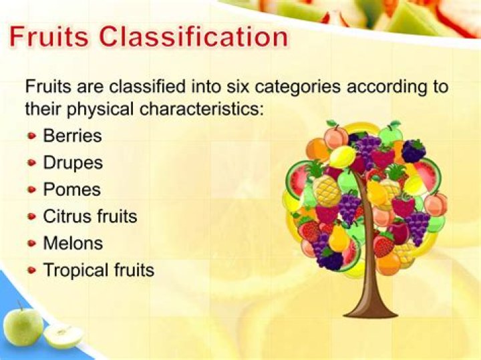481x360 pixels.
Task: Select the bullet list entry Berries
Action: coord(72,136)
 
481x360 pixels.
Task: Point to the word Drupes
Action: coord(72,162)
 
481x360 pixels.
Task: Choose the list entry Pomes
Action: coord(71,189)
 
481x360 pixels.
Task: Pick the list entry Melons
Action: coord(73,243)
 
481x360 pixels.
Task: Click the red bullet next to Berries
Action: coord(32,136)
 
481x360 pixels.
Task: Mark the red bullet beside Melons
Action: coord(32,244)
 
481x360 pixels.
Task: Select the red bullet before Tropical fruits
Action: coord(32,271)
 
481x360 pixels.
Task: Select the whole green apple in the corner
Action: coord(23,327)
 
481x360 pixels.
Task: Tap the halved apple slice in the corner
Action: coord(63,336)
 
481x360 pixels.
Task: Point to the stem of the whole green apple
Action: coord(21,305)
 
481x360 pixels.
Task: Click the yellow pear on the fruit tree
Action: coord(339,237)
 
